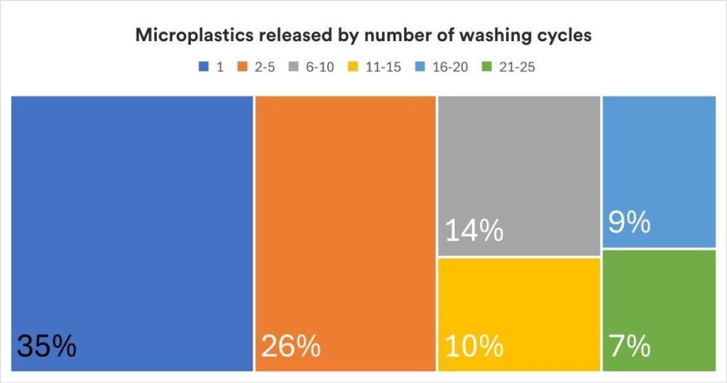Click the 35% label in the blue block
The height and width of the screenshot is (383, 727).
(x=46, y=346)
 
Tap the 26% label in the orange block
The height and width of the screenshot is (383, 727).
(x=291, y=346)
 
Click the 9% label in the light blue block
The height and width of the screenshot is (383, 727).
(x=630, y=223)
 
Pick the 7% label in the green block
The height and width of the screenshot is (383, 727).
(x=630, y=346)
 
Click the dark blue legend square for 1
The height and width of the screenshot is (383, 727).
(x=204, y=67)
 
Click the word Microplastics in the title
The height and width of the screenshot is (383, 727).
(x=186, y=36)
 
